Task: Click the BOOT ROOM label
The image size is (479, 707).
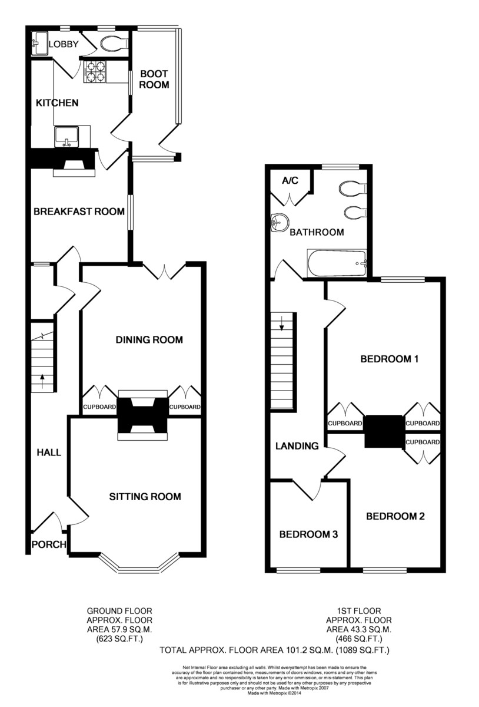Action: click(x=154, y=79)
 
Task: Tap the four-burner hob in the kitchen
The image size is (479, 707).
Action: click(x=96, y=71)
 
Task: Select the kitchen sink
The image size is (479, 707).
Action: click(x=66, y=137)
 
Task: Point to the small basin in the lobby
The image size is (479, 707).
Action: click(x=41, y=43)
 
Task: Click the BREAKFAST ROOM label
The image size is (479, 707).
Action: click(x=79, y=212)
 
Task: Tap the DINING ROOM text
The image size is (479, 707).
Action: click(x=149, y=339)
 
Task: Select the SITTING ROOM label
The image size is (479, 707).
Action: click(x=145, y=497)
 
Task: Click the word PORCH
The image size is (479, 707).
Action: click(x=49, y=544)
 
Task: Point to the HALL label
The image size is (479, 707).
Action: click(x=49, y=452)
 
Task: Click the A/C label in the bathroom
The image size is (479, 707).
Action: click(x=290, y=180)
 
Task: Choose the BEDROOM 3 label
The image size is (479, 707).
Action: click(x=308, y=534)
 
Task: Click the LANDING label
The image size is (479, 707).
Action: click(x=297, y=446)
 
